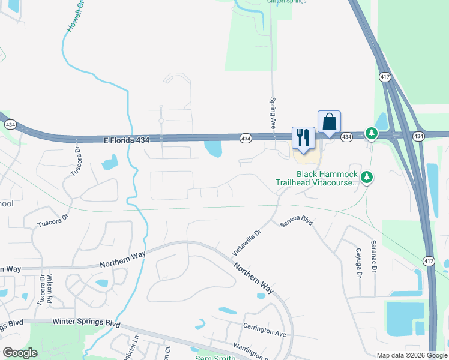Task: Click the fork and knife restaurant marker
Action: coord(302,137)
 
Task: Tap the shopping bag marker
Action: coord(329,122)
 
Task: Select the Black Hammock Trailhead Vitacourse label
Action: coord(316,178)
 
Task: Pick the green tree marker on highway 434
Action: coord(372,133)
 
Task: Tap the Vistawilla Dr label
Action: coord(247,241)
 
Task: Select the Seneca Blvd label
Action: coord(297,221)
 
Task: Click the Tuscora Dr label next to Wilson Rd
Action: coord(41,290)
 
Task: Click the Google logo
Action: coord(20,353)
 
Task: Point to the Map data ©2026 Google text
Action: coord(412,355)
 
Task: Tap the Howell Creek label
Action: coord(73,18)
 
